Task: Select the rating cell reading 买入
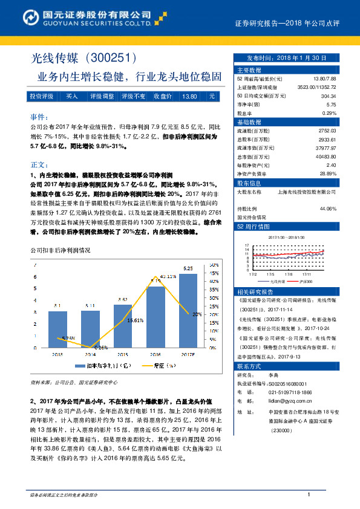coord(71,96)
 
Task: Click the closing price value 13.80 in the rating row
coord(189,96)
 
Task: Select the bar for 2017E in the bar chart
coord(188,311)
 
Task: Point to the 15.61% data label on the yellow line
coord(135,320)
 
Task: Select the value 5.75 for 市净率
coord(330,105)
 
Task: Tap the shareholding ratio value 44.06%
coord(327,209)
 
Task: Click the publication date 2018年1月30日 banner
coord(286,57)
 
